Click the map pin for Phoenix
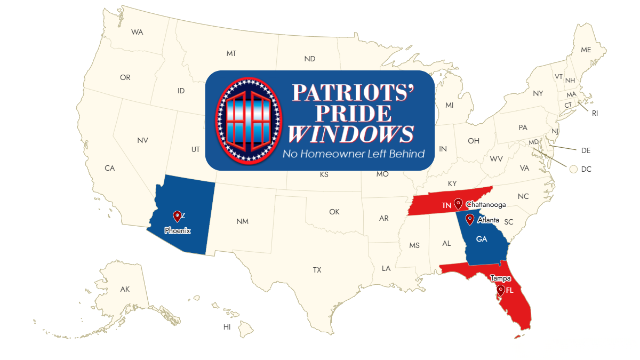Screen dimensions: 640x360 [x=177, y=216]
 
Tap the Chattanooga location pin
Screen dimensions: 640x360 [x=458, y=204]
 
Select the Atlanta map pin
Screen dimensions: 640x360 [x=470, y=219]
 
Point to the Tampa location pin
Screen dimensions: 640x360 [x=500, y=290]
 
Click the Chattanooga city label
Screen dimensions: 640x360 [x=486, y=205]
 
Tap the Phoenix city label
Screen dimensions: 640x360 [x=178, y=231]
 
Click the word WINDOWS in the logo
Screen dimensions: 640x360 [x=351, y=134]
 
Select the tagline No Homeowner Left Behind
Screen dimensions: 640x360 [x=354, y=154]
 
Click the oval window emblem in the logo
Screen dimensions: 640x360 [x=248, y=120]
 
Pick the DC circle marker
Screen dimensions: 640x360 [x=573, y=169]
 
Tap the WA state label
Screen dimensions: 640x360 [x=137, y=32]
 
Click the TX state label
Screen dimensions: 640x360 [x=317, y=270]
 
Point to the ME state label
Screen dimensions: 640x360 [x=586, y=50]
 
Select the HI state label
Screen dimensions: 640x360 [x=227, y=327]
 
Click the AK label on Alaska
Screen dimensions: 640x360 [x=125, y=289]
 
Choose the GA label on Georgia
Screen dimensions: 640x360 [x=482, y=239]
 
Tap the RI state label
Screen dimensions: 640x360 [x=595, y=113]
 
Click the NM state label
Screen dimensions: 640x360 [x=242, y=221]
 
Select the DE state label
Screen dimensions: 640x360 [x=586, y=150]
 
